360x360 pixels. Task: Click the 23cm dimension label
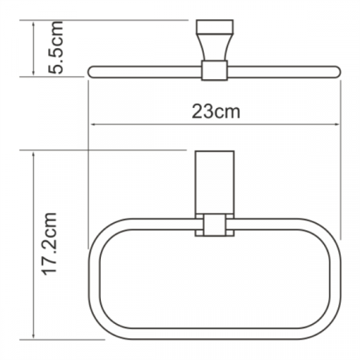click(216, 111)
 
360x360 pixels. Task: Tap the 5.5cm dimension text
click(56, 47)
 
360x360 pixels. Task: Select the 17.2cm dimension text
click(49, 245)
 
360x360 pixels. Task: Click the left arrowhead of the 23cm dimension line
click(94, 124)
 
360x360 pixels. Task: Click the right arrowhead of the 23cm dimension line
click(337, 124)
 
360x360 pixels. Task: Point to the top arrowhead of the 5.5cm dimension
click(34, 25)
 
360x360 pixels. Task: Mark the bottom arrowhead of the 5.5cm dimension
click(34, 73)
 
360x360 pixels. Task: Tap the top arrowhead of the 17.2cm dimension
click(34, 155)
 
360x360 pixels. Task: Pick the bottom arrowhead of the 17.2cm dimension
click(34, 335)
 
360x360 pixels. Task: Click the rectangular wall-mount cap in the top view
click(214, 26)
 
